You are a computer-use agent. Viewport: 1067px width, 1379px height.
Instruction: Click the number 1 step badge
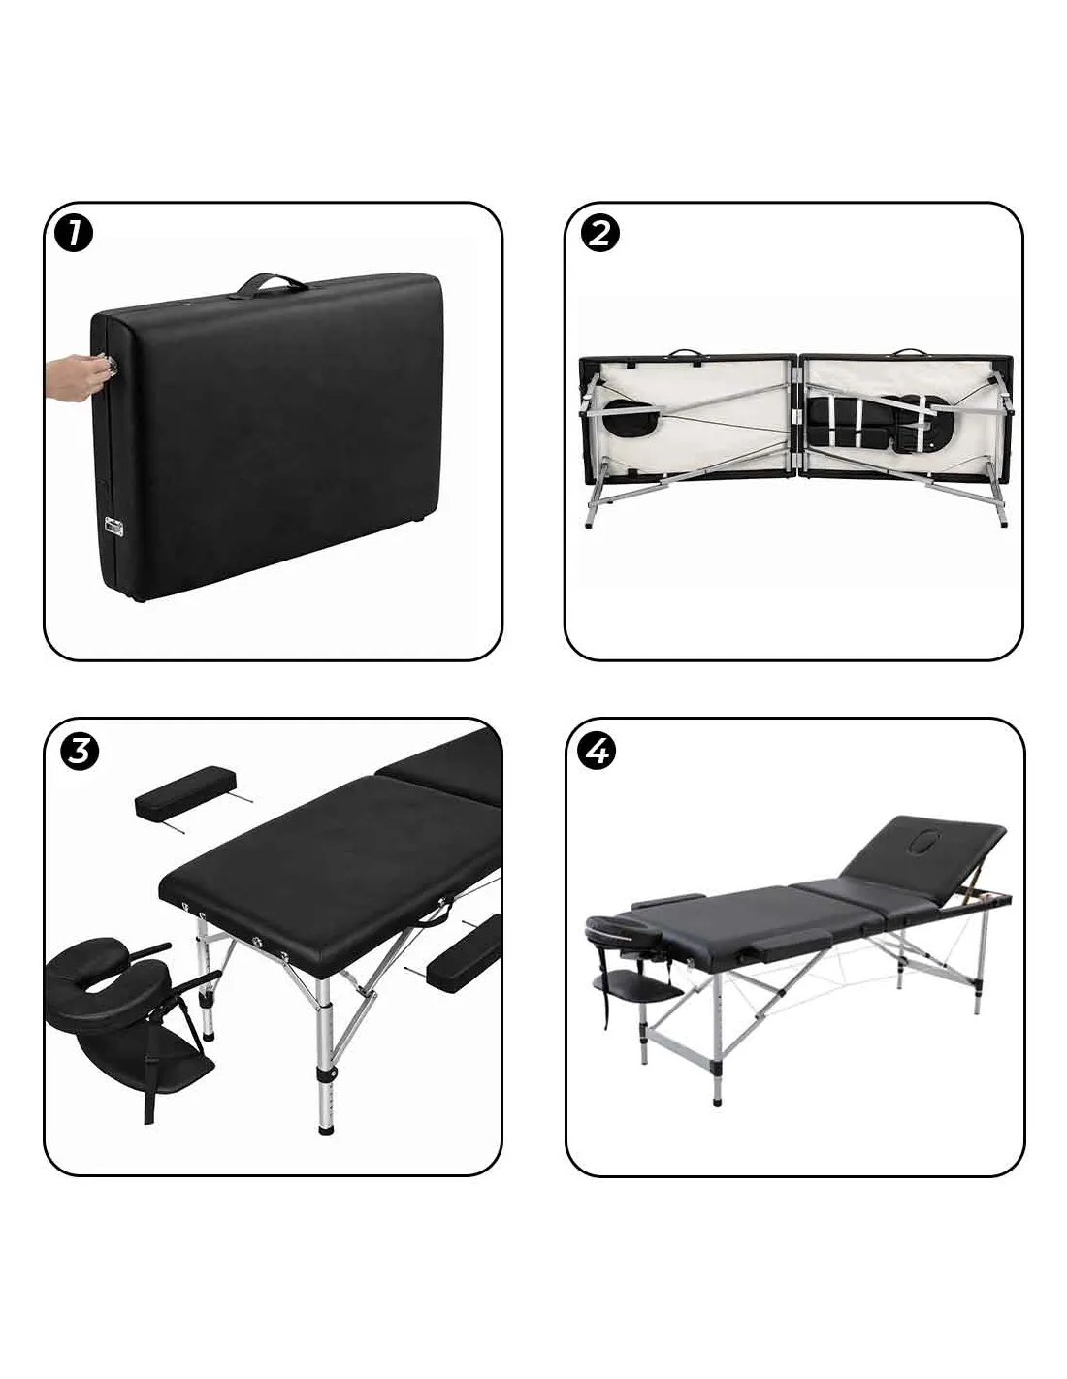click(x=74, y=235)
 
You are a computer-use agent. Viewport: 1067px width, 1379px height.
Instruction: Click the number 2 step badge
click(x=599, y=235)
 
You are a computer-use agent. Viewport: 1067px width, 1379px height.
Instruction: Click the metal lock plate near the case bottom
click(x=113, y=528)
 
